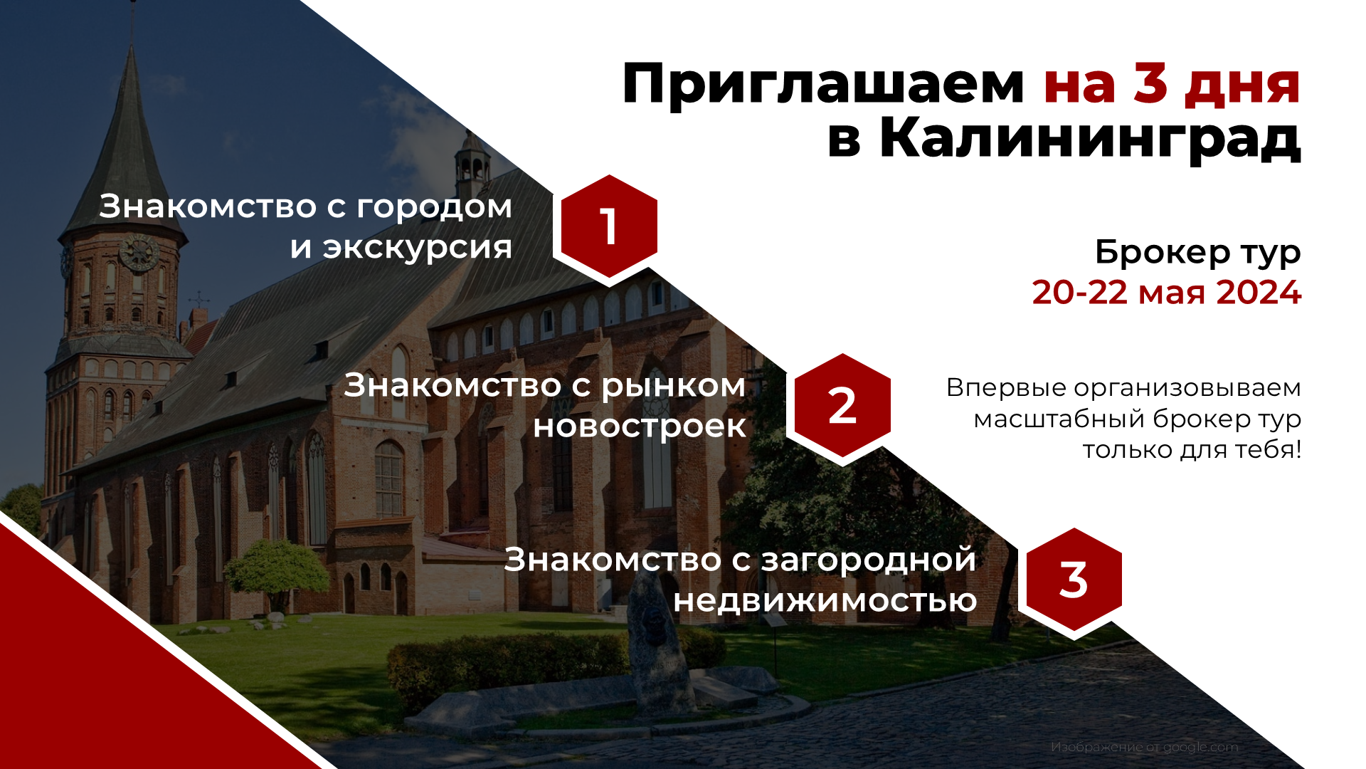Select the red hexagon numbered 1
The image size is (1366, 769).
point(609,227)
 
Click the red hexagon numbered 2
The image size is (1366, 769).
point(842,407)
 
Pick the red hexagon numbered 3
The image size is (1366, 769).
point(1074,580)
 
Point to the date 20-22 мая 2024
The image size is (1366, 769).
point(1166,293)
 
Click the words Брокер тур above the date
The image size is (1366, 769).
point(1197,252)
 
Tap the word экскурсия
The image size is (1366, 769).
point(418,248)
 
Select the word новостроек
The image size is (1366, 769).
point(640,427)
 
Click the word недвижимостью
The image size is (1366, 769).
point(825,601)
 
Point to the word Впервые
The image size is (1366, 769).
point(1005,388)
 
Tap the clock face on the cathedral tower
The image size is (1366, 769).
point(139,253)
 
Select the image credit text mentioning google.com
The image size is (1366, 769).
point(1144,747)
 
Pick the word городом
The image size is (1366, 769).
point(434,207)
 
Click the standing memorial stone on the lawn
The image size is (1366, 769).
point(658,641)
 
